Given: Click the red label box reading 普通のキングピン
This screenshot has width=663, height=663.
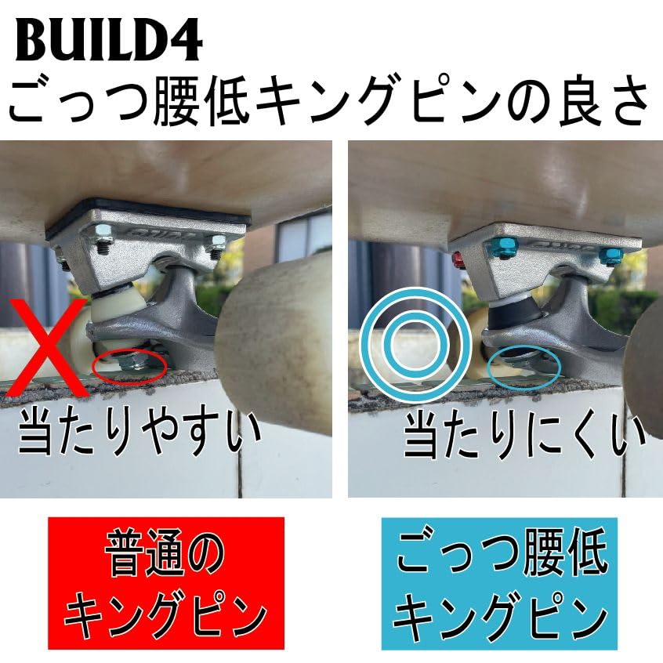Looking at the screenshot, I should pyautogui.click(x=166, y=583).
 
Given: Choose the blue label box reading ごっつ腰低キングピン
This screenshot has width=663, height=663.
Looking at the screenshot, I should pyautogui.click(x=499, y=583).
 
